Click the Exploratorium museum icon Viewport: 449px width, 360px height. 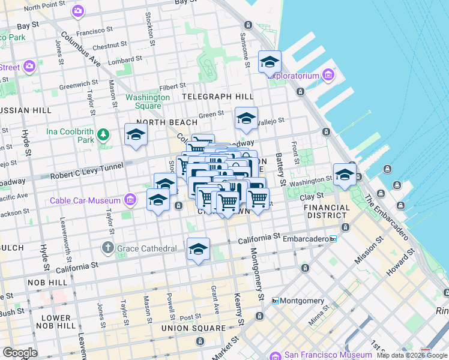(x=328, y=76)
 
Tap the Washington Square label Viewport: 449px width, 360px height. (x=148, y=101)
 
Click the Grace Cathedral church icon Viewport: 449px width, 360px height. (x=107, y=248)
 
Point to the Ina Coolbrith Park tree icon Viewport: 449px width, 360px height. (x=103, y=133)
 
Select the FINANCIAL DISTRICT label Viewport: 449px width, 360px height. (x=327, y=212)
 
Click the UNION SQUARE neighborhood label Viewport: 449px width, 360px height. (x=193, y=328)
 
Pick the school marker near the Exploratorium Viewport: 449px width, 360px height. (x=270, y=62)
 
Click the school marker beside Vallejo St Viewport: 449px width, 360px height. (x=246, y=118)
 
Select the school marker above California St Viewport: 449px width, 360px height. (x=198, y=249)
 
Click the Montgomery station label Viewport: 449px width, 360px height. (x=303, y=301)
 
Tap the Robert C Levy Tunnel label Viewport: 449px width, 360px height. (x=87, y=170)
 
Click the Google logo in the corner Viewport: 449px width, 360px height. (x=19, y=353)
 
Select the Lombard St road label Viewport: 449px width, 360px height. (x=125, y=61)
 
